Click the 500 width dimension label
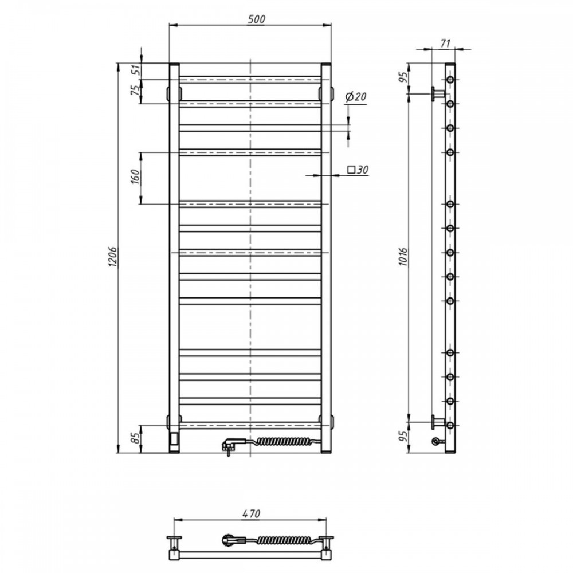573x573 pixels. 256,19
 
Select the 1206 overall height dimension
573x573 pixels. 113,257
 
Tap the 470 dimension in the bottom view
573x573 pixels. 251,513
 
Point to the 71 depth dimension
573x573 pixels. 445,44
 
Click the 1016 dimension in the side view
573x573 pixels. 403,257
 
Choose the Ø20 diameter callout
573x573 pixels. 355,97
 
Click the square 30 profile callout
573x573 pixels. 358,170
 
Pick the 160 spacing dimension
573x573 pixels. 136,177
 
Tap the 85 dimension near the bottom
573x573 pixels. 136,438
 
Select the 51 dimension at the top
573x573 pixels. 136,70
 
